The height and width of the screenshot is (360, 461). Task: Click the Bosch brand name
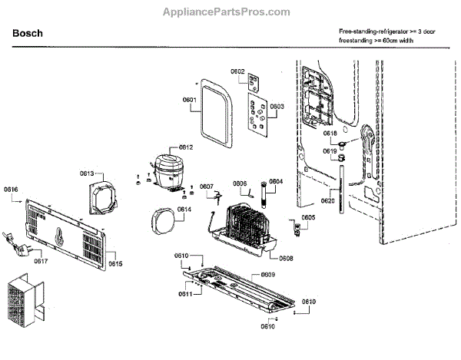(x=28, y=34)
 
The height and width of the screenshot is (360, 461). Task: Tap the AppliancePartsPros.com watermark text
(x=227, y=12)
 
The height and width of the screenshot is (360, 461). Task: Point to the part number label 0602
(x=237, y=71)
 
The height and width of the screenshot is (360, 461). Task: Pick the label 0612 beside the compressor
(x=187, y=147)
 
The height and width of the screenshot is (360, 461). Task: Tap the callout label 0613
(x=87, y=174)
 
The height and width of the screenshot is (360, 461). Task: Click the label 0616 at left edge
(x=11, y=189)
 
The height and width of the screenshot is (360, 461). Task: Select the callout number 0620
(x=327, y=200)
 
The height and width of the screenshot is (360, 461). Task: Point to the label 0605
(x=308, y=217)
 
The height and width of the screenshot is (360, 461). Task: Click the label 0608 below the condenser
(x=287, y=259)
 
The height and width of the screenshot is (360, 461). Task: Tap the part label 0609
(x=268, y=274)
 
